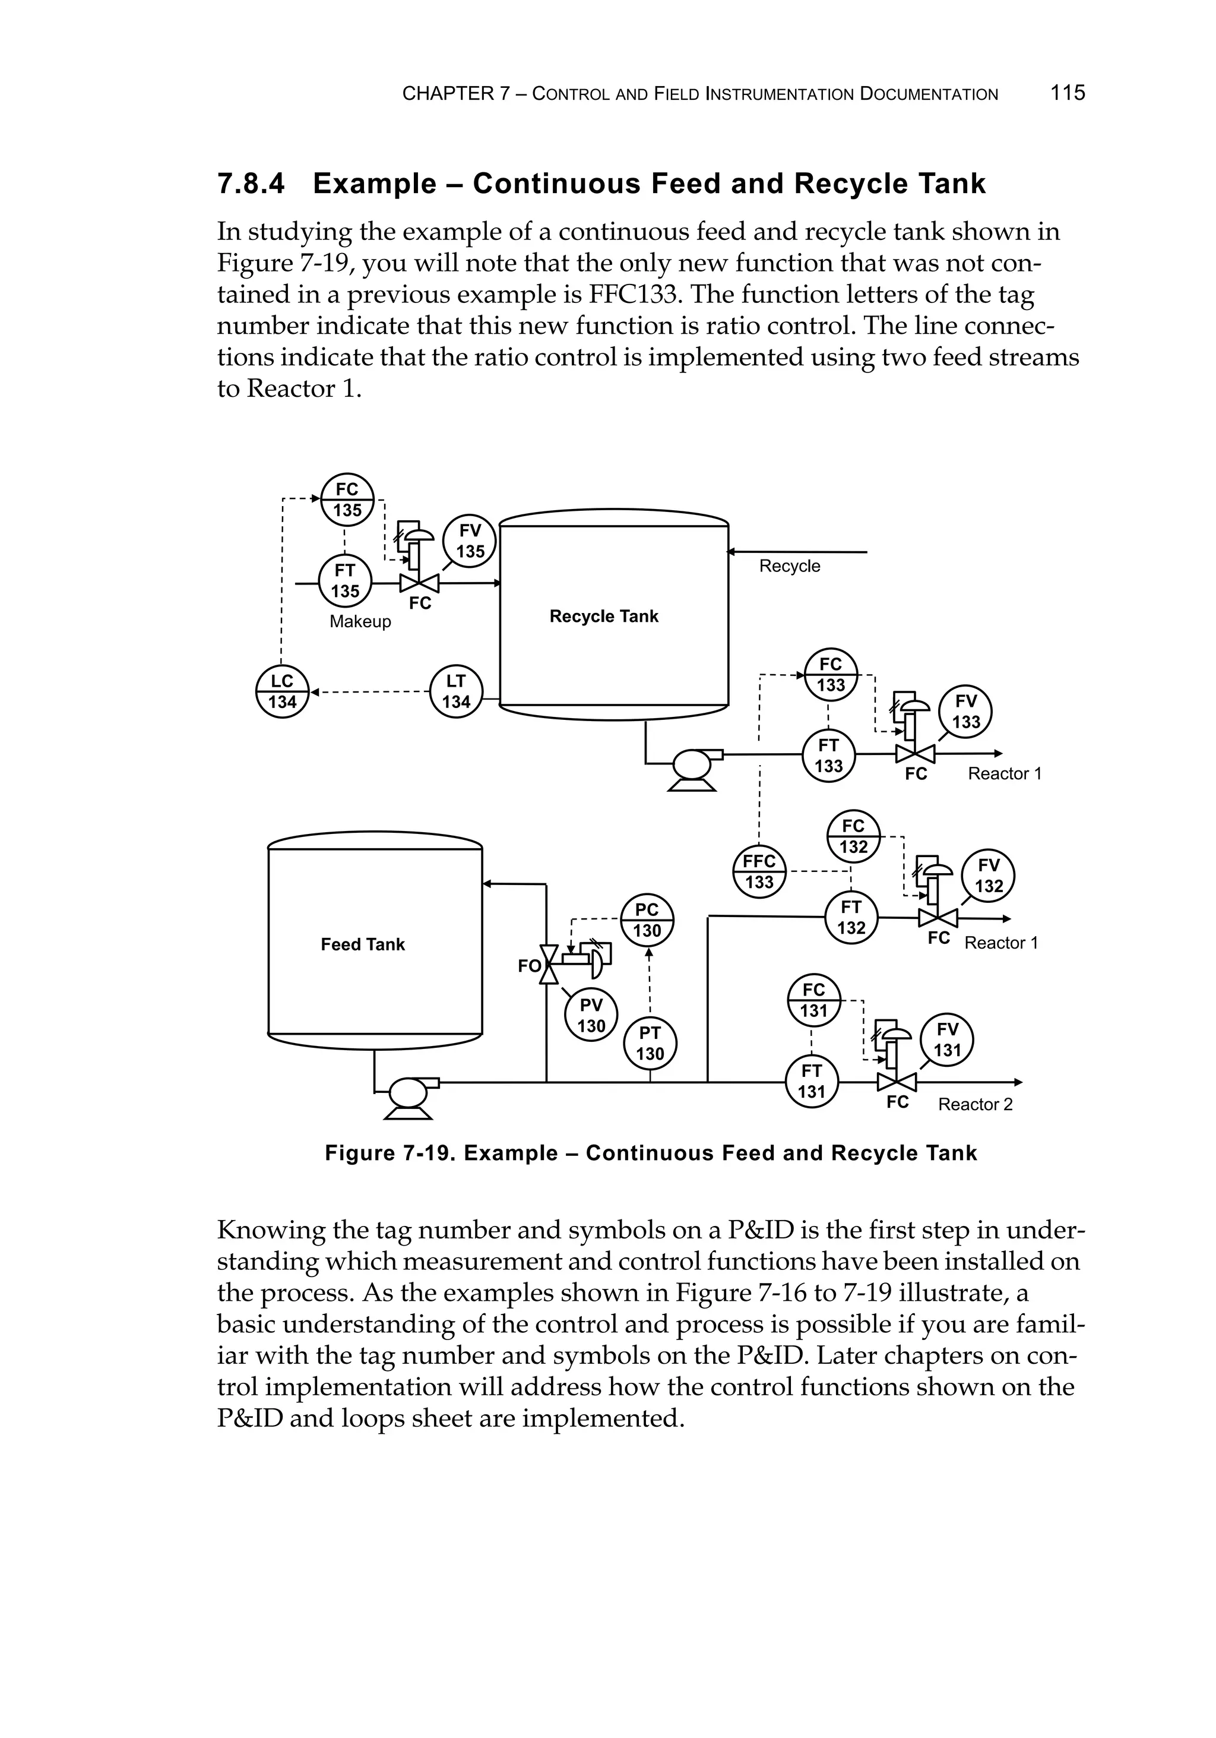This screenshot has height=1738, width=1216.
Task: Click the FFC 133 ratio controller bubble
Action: click(x=759, y=871)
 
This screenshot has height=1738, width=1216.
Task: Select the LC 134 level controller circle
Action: click(x=282, y=691)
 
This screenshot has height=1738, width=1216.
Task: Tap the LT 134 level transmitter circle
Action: click(x=455, y=691)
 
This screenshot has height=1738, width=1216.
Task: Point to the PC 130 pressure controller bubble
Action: click(x=647, y=919)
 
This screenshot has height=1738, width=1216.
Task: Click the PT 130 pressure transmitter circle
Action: click(x=649, y=1043)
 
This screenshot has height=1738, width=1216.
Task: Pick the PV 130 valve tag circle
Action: click(x=591, y=1015)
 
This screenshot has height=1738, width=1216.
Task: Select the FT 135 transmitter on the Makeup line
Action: click(x=345, y=580)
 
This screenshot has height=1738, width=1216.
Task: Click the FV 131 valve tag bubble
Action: click(x=946, y=1039)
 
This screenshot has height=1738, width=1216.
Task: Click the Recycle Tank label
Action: click(x=604, y=616)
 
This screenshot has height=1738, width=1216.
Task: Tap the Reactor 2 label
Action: click(x=974, y=1104)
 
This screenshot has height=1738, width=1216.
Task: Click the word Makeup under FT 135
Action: click(x=360, y=621)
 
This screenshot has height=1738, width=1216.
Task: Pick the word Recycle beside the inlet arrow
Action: click(x=789, y=566)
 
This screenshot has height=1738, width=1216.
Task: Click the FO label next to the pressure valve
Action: click(x=529, y=966)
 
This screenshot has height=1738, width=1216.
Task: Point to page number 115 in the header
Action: click(x=1067, y=93)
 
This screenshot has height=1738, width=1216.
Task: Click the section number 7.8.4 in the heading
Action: click(x=251, y=184)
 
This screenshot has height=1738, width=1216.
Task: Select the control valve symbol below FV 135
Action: click(x=419, y=583)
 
